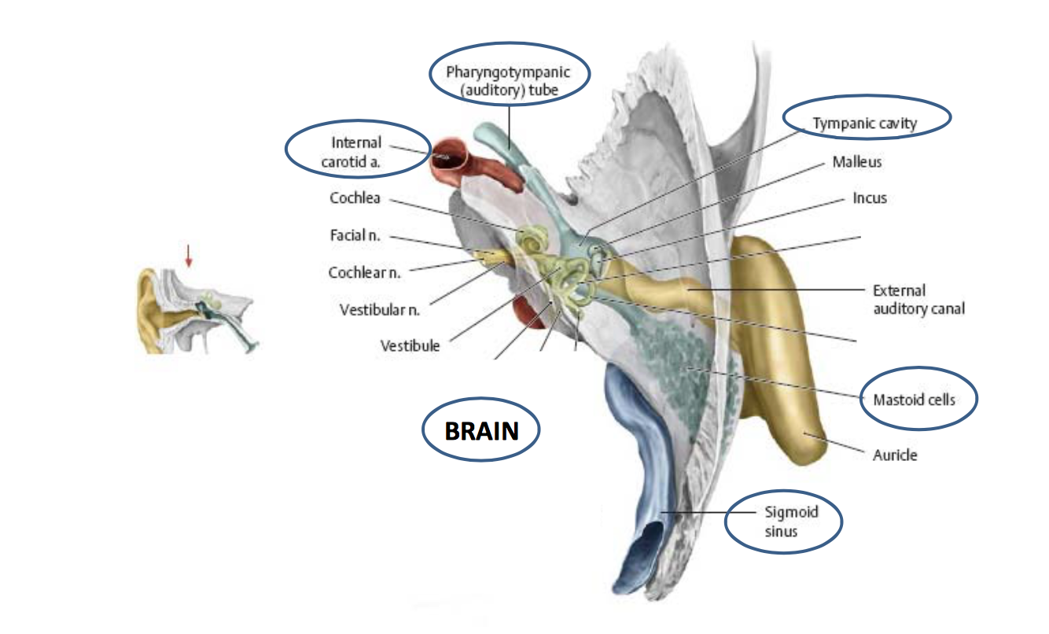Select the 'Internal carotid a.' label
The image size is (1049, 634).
(356, 151)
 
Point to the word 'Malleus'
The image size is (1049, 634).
(857, 162)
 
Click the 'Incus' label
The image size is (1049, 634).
(870, 198)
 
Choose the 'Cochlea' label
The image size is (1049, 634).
(355, 198)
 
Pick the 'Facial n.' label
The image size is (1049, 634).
(355, 235)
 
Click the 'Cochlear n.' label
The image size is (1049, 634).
(364, 273)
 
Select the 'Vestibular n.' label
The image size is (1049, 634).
(380, 309)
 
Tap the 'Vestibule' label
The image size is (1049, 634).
(410, 345)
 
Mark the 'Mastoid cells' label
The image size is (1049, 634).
(914, 400)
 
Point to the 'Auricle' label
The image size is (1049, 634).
(895, 455)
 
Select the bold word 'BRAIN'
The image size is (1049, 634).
(481, 431)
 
